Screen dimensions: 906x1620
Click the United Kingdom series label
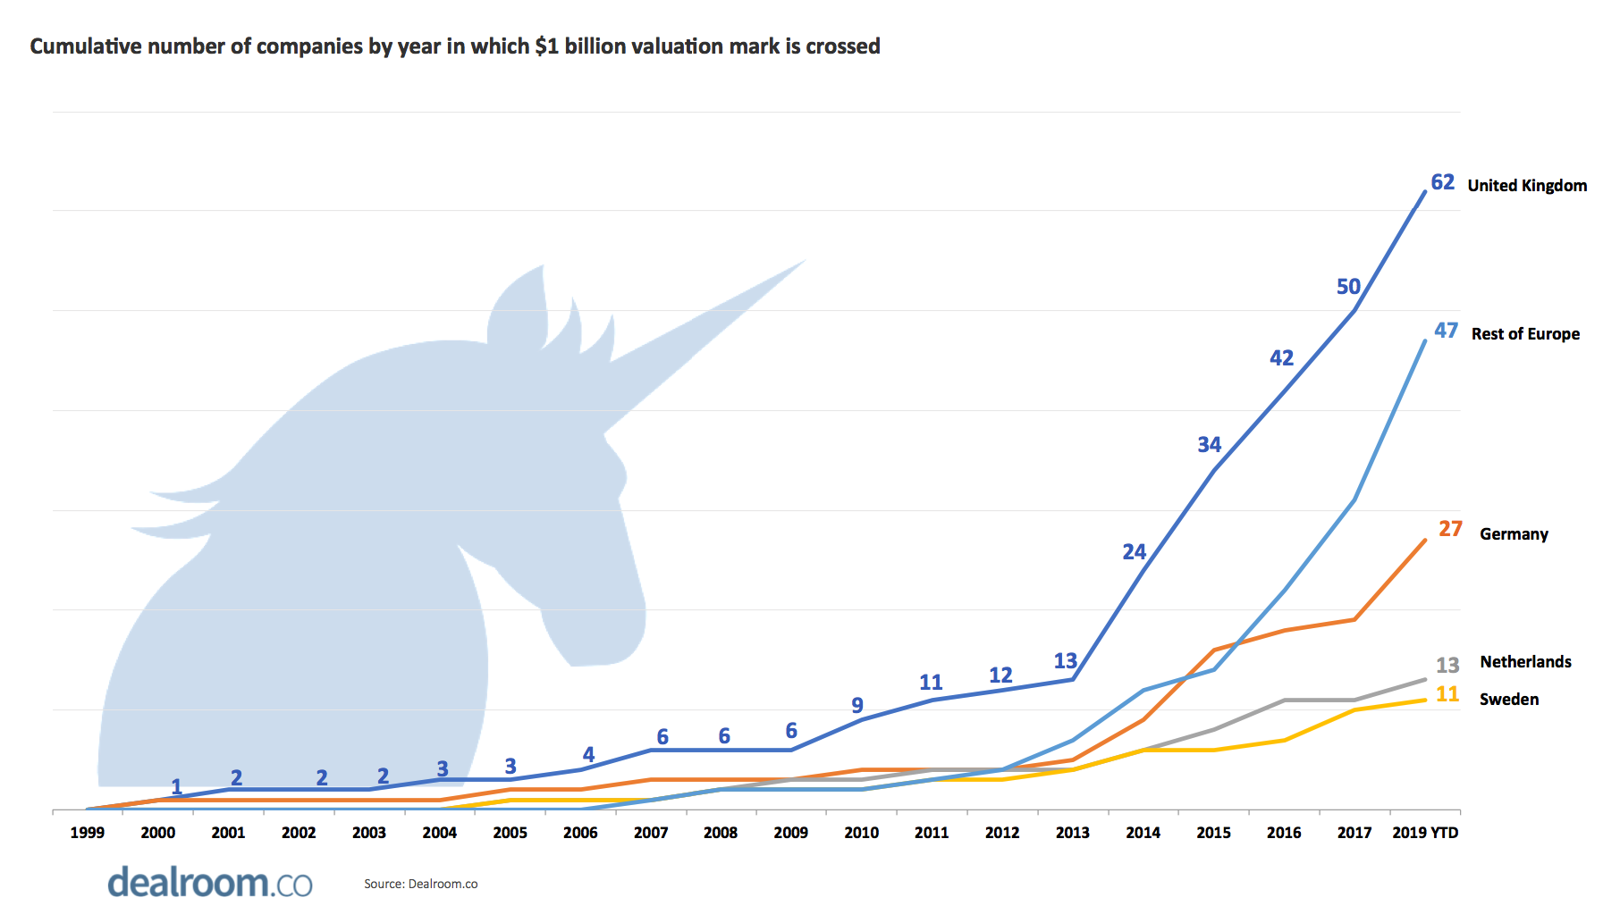click(x=1527, y=185)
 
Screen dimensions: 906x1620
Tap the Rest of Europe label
click(x=1525, y=333)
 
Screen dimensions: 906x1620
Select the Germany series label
click(x=1514, y=533)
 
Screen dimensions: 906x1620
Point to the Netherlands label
click(x=1525, y=661)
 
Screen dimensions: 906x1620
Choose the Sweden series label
click(x=1509, y=699)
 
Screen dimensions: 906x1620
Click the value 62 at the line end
click(x=1442, y=182)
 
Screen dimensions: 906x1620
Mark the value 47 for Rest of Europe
click(x=1446, y=331)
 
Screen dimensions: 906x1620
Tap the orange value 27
click(x=1450, y=529)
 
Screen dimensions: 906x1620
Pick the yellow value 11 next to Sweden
click(x=1447, y=694)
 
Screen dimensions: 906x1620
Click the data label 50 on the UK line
click(x=1348, y=287)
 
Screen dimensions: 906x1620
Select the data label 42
click(x=1281, y=358)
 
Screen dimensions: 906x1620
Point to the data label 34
click(x=1209, y=445)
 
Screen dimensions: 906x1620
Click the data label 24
click(x=1134, y=552)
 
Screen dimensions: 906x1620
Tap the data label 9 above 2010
click(x=857, y=706)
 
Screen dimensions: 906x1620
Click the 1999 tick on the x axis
click(x=88, y=833)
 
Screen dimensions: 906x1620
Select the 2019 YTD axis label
click(x=1425, y=833)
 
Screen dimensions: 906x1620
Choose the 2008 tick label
click(x=721, y=833)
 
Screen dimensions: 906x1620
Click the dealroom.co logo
click(x=210, y=882)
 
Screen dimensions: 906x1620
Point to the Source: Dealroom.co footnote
click(x=420, y=884)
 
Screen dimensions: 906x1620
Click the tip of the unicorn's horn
click(x=804, y=261)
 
